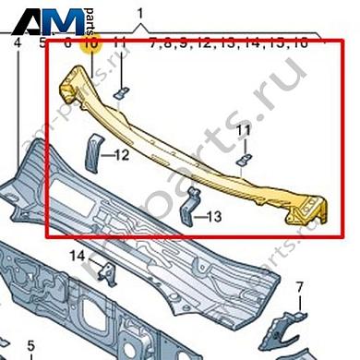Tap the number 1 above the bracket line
tap(140, 13)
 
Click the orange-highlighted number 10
tap(90, 42)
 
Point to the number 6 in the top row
tap(67, 42)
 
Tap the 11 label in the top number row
tap(119, 42)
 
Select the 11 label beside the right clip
tap(243, 132)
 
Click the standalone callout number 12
tap(123, 156)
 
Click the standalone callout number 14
tap(78, 255)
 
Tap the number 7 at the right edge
tap(300, 288)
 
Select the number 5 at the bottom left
tap(30, 346)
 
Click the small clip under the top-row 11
tap(121, 92)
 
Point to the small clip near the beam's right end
tap(242, 160)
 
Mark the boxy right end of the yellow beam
tap(306, 210)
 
